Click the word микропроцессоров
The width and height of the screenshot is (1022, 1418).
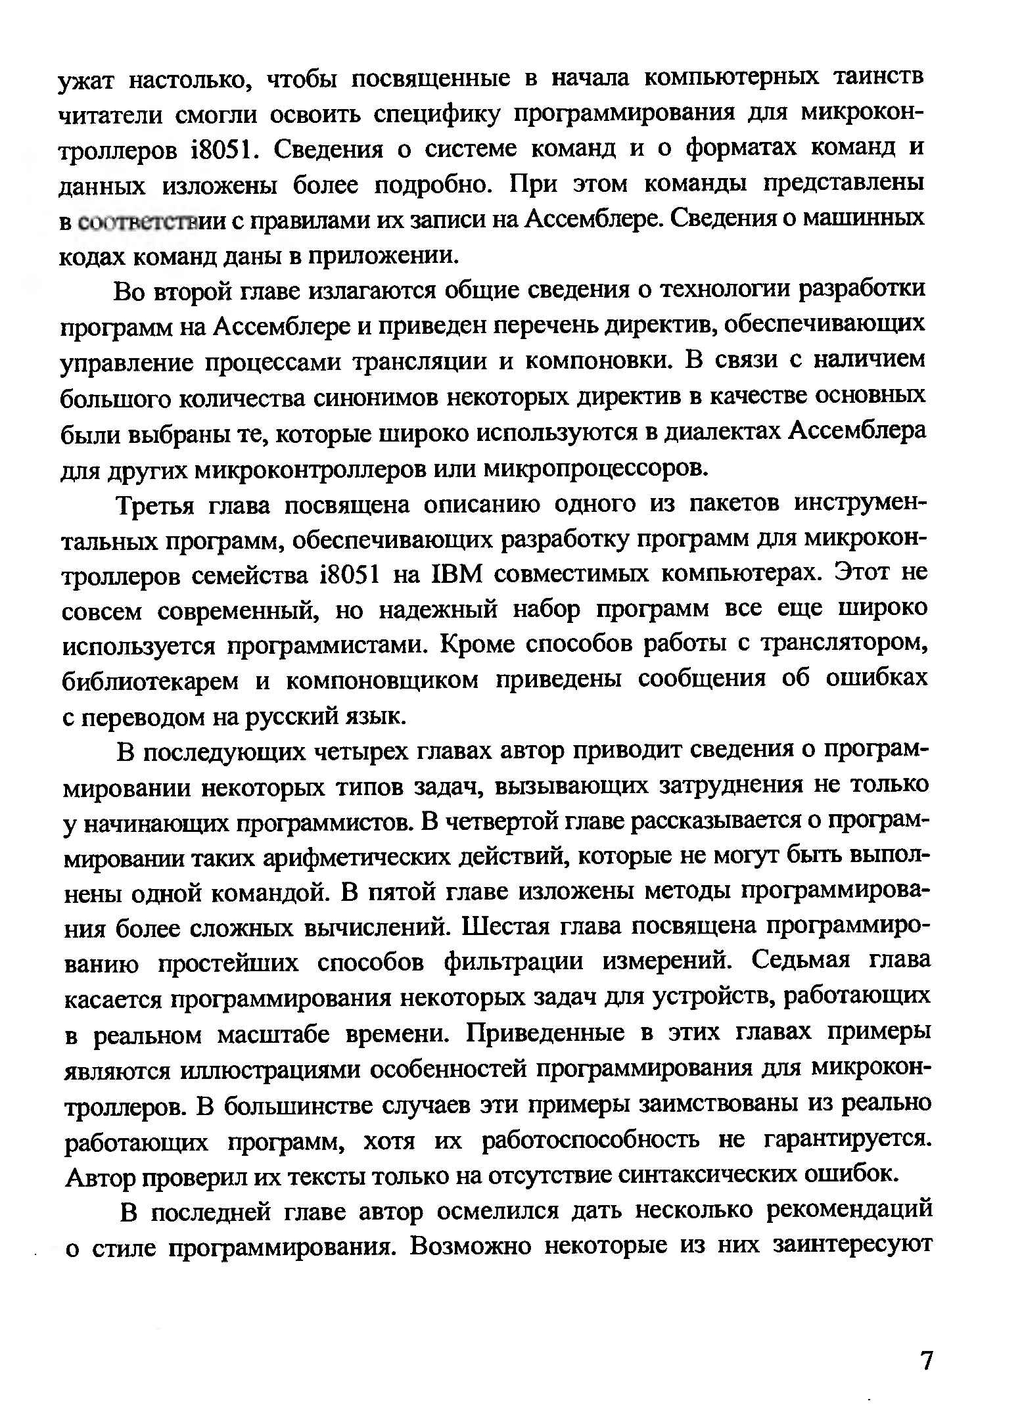pos(597,469)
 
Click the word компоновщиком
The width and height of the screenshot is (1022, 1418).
pos(382,681)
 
